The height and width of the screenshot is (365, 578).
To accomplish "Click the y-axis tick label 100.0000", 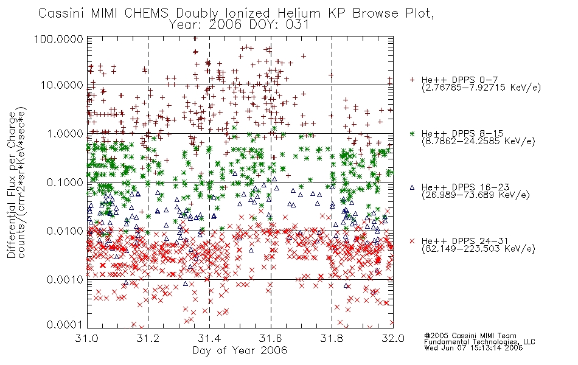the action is click(x=58, y=39).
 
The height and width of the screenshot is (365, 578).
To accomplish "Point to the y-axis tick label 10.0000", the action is click(x=61, y=85).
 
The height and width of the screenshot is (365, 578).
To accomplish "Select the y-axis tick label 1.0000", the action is click(x=64, y=133).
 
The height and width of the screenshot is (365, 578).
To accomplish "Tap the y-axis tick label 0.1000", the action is click(x=64, y=182).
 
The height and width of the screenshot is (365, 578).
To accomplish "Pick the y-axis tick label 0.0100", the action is click(x=64, y=231).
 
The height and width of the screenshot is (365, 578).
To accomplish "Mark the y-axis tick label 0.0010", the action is click(x=64, y=280).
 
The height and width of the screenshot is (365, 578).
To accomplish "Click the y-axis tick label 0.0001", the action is click(x=64, y=325).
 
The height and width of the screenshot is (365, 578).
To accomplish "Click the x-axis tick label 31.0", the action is click(x=87, y=338).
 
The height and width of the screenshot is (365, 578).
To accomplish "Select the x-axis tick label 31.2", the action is click(x=148, y=338).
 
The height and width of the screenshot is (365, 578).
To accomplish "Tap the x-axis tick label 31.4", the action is click(x=209, y=338).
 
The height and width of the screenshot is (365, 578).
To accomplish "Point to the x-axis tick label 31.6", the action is click(x=271, y=338).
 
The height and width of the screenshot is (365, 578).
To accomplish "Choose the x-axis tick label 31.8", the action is click(x=332, y=338).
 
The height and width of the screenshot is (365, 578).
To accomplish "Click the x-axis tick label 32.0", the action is click(x=393, y=338).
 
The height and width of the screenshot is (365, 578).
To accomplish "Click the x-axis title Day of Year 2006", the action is click(x=240, y=350).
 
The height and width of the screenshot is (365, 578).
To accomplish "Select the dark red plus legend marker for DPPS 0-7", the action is click(x=412, y=80).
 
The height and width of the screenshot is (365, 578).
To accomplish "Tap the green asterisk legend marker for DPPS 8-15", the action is click(x=412, y=133).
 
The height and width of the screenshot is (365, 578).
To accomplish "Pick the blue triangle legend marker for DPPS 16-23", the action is click(x=412, y=187).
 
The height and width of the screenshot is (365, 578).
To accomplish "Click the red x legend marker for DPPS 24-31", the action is click(x=412, y=241).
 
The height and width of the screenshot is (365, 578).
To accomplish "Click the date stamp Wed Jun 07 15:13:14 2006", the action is click(x=473, y=348).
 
